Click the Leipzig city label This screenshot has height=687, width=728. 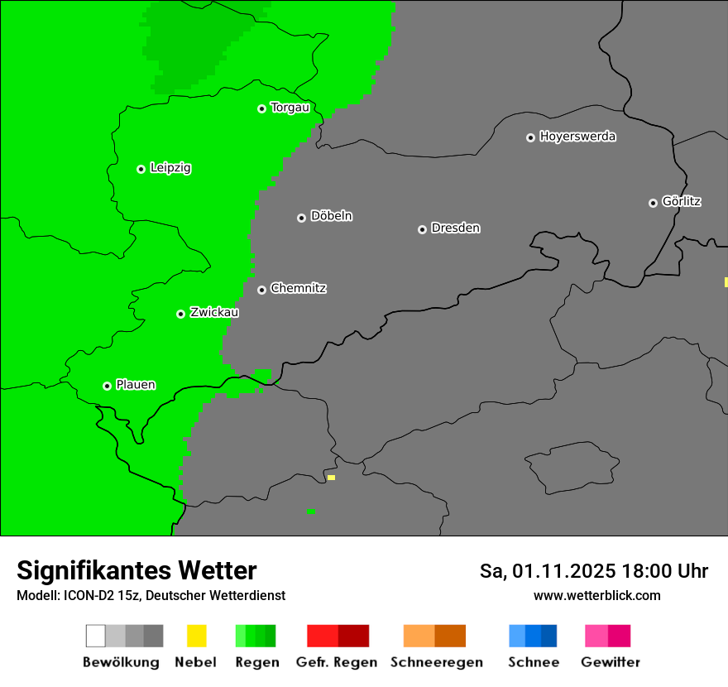point(170,168)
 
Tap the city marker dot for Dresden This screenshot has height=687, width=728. point(422,229)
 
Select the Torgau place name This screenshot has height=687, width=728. point(290,108)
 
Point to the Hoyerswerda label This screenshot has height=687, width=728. point(577,137)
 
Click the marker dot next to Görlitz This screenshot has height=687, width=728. point(653,203)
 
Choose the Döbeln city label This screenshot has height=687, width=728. point(331,216)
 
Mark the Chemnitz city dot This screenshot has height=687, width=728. point(261,290)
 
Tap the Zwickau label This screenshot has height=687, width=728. point(214,312)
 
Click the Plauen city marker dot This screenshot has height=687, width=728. point(107,386)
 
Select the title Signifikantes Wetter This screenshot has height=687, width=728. point(136,571)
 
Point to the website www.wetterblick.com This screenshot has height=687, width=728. point(596,595)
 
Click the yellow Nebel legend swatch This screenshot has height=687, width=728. point(196,636)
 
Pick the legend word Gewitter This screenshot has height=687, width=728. point(611,662)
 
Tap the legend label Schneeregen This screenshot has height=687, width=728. point(436,662)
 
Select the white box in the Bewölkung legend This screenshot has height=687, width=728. point(95,636)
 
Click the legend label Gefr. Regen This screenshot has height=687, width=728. point(336,662)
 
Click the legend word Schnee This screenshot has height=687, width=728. point(533,662)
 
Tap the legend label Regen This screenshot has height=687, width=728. point(256,662)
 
